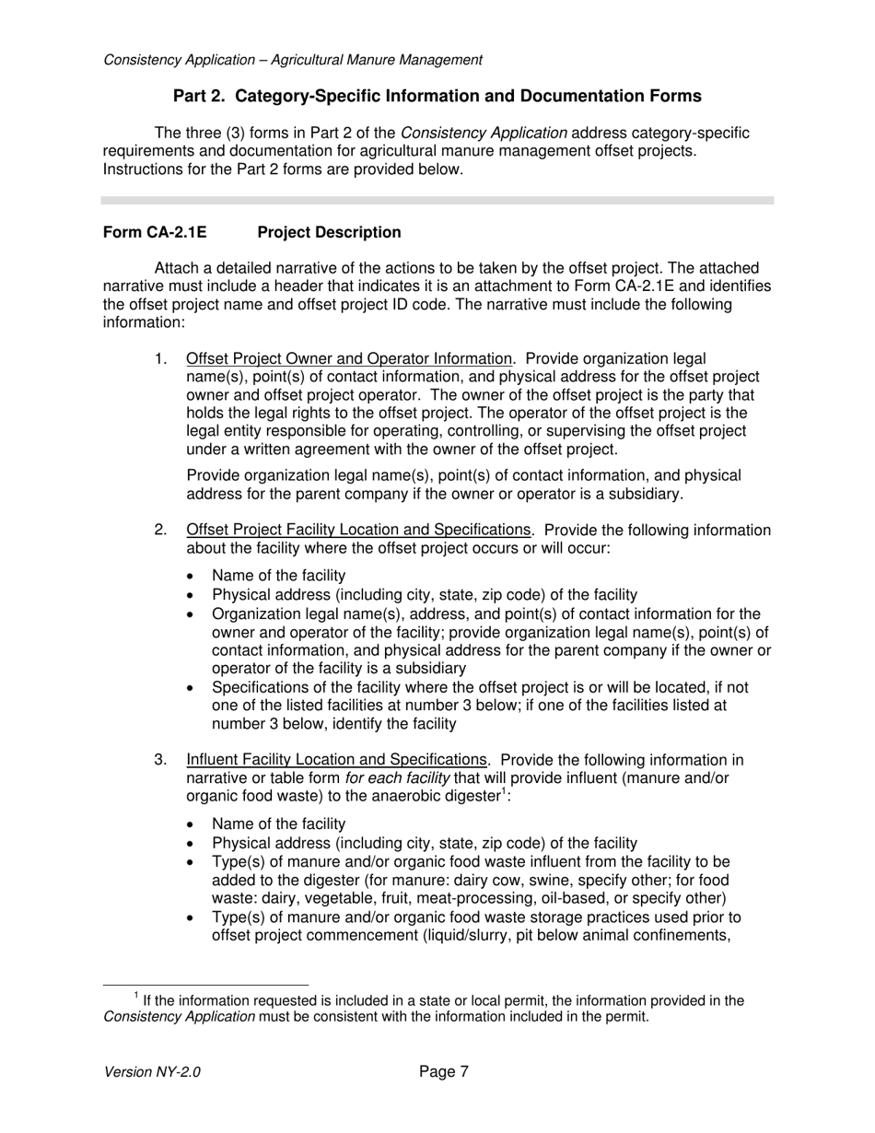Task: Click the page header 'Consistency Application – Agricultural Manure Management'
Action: (x=293, y=60)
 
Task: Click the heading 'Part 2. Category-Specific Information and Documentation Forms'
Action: (x=437, y=96)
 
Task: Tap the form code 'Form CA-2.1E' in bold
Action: (x=155, y=233)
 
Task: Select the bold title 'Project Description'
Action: (x=329, y=233)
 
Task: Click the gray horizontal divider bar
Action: (x=437, y=200)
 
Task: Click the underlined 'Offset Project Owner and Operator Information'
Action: (x=348, y=358)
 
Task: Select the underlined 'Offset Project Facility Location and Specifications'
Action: (x=358, y=530)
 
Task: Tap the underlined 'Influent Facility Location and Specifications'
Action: (x=336, y=760)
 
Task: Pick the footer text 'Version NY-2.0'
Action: (x=152, y=1072)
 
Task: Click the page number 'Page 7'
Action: (x=444, y=1071)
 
